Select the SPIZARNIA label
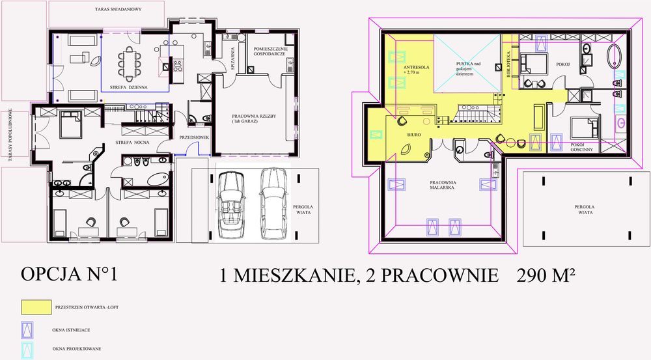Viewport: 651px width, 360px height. [232, 58]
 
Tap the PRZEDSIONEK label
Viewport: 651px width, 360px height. [195, 137]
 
